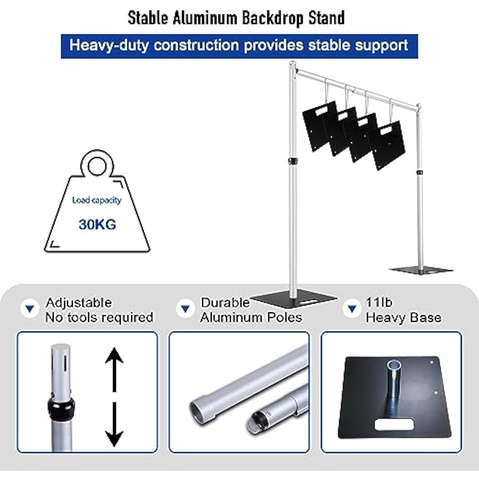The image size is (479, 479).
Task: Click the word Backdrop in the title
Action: coord(273,18)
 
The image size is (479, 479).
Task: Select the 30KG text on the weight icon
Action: coord(97,225)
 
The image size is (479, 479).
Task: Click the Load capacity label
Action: coord(97,200)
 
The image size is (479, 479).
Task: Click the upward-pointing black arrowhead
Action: coord(114,355)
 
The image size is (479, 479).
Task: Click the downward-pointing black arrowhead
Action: coord(114,438)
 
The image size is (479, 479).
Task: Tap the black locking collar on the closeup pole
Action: coord(61,408)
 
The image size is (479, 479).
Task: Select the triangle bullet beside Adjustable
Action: coord(30,308)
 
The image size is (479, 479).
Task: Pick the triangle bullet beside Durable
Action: coord(185,308)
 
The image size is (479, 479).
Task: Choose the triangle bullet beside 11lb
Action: coord(352,308)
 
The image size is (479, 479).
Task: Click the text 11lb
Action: coord(379,302)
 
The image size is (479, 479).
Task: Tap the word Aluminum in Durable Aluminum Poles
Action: coord(231,318)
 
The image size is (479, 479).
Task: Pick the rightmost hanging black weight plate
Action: coord(387,145)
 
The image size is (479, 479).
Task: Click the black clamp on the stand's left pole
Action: coord(293,161)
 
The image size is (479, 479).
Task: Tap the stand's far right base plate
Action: coord(421,270)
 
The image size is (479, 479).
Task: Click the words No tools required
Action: coord(99,318)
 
